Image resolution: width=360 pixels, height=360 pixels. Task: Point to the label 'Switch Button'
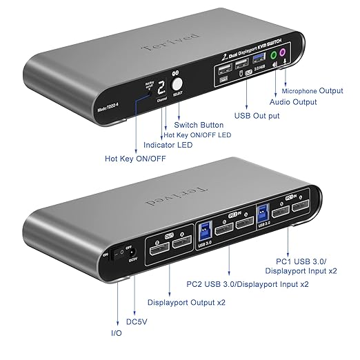tap(198, 124)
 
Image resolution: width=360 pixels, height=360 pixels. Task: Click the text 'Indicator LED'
tap(168, 146)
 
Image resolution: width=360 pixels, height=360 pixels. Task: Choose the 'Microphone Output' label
tap(312, 90)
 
